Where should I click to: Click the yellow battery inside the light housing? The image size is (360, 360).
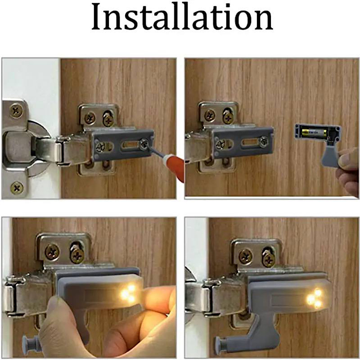pos(314,133)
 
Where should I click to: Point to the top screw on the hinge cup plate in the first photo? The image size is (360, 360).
pos(17,109)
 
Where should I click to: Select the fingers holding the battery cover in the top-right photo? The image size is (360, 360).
pos(349,169)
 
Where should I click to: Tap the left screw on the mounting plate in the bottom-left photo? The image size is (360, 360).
pos(53,252)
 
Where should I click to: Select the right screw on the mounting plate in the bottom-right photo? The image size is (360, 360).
pos(269,258)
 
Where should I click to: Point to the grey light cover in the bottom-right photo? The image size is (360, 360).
pos(288,297)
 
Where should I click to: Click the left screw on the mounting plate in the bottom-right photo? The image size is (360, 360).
pos(246,256)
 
